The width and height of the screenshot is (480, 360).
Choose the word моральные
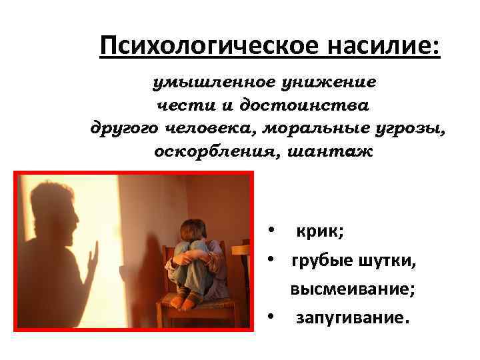pyautogui.click(x=303, y=128)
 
